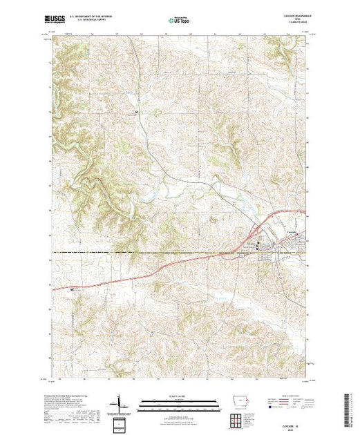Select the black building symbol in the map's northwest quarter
pos(136,111)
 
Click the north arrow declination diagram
pos(122,403)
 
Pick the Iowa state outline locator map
pos(240,403)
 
